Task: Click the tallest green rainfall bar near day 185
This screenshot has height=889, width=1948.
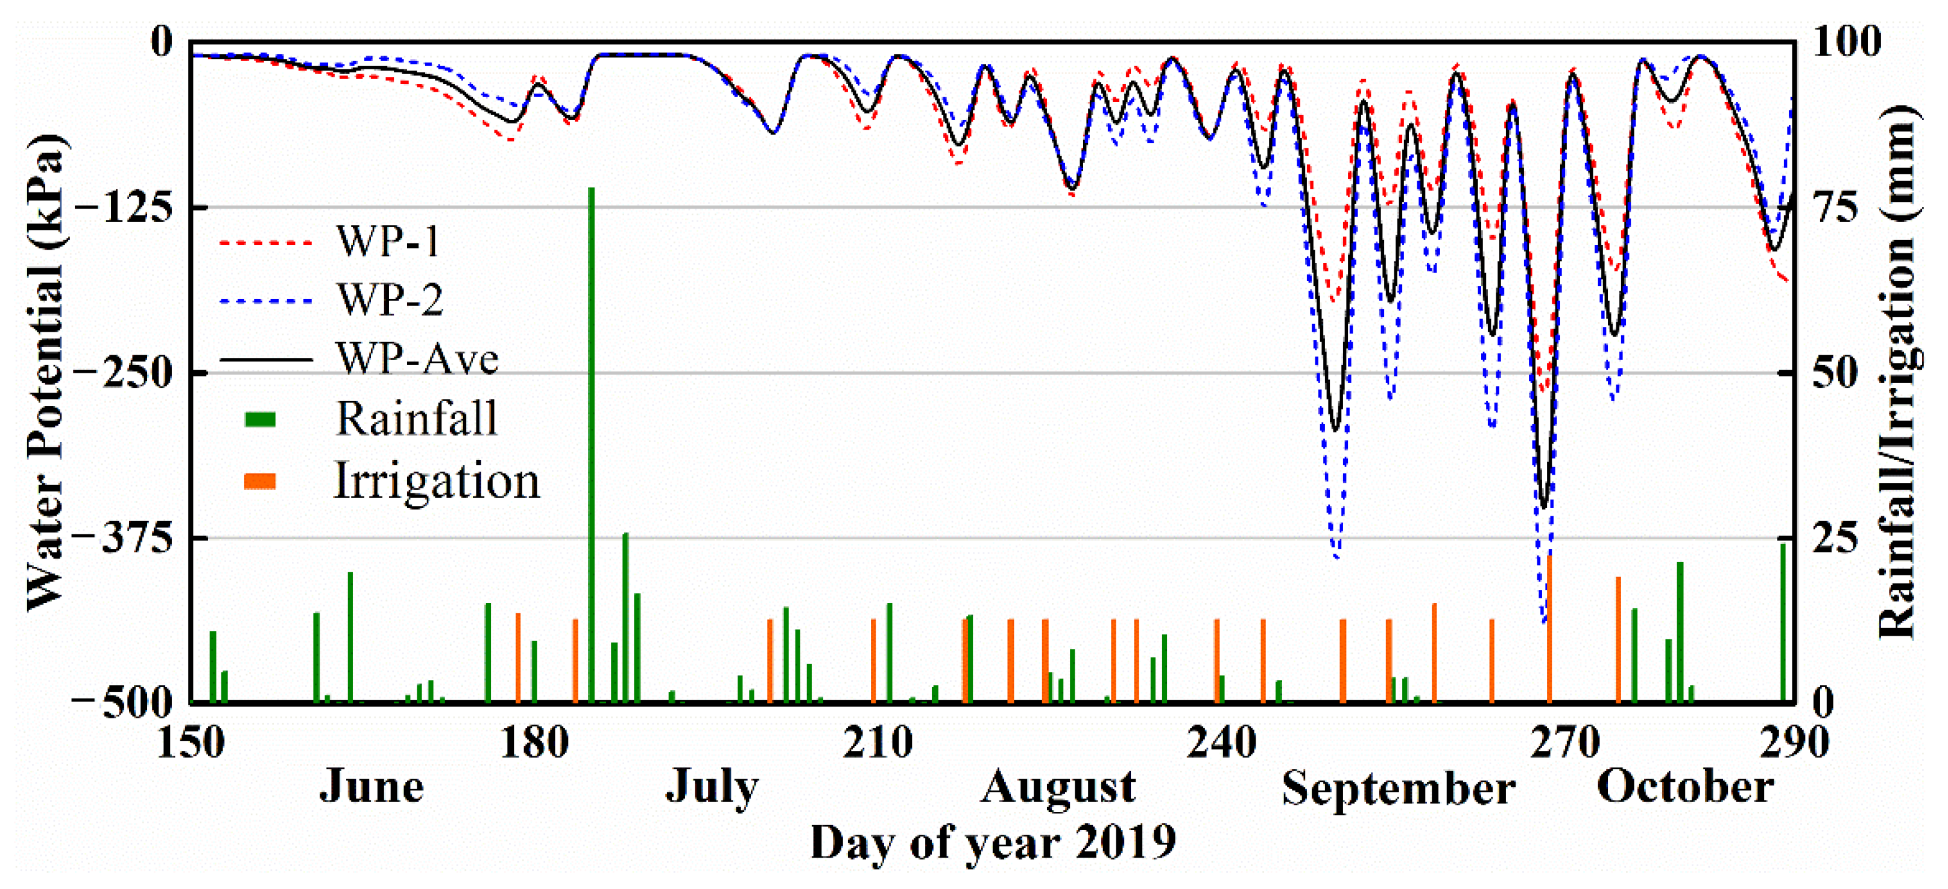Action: coord(592,446)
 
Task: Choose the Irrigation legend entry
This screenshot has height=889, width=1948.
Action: coord(436,481)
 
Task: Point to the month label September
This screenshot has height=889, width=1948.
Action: coord(1397,788)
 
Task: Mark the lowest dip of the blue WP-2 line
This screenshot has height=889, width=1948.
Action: coord(1543,621)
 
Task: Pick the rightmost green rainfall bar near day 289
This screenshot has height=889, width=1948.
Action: coord(1782,623)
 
